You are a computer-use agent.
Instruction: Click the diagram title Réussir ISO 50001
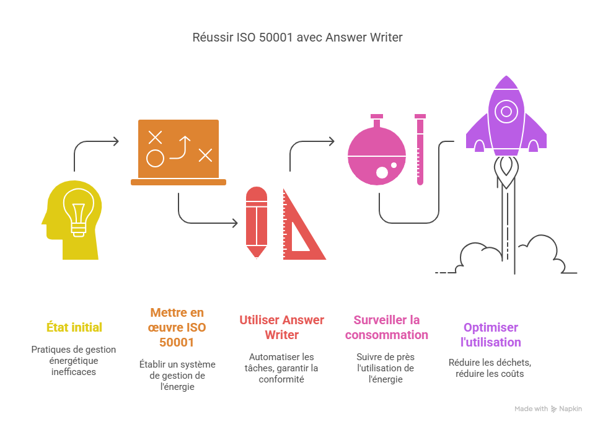coord(297,37)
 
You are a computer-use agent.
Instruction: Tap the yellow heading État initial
coord(74,327)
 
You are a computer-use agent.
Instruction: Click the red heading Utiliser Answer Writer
coord(281,327)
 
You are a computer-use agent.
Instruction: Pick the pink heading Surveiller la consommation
coord(386,327)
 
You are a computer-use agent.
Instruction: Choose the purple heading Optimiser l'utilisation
coord(490,334)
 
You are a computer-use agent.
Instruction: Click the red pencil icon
coord(257,221)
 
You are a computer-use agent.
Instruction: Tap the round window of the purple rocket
coord(506,112)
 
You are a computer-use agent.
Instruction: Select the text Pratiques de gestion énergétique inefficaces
coord(74,360)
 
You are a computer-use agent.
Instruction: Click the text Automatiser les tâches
coord(281,362)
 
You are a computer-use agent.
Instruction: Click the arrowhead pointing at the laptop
coord(116,142)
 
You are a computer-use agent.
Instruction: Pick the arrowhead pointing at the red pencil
coord(235,223)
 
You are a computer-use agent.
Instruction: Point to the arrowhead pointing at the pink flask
coord(332,142)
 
